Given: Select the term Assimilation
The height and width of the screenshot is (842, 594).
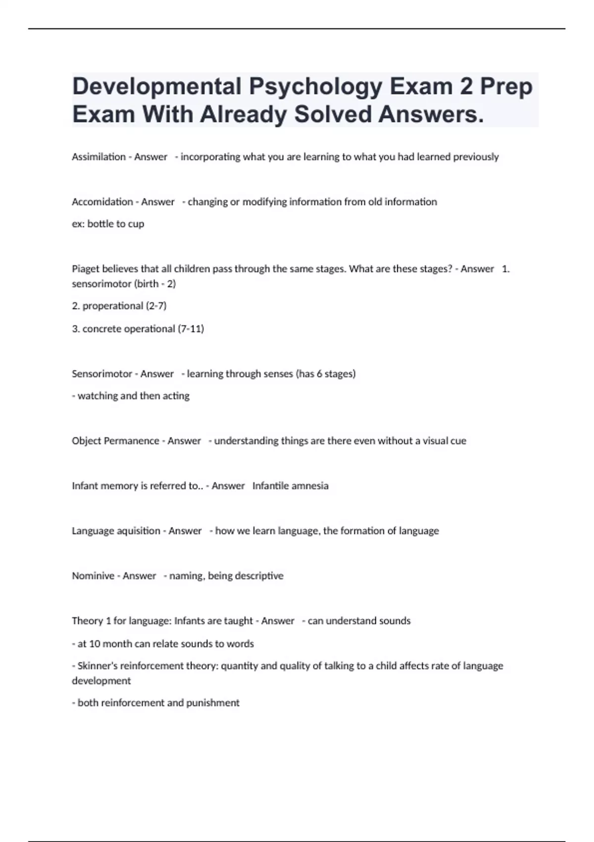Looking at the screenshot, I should (x=99, y=157).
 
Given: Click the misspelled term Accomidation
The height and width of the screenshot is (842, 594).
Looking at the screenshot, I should (x=102, y=202).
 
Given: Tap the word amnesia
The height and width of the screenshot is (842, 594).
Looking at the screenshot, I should (x=310, y=486).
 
